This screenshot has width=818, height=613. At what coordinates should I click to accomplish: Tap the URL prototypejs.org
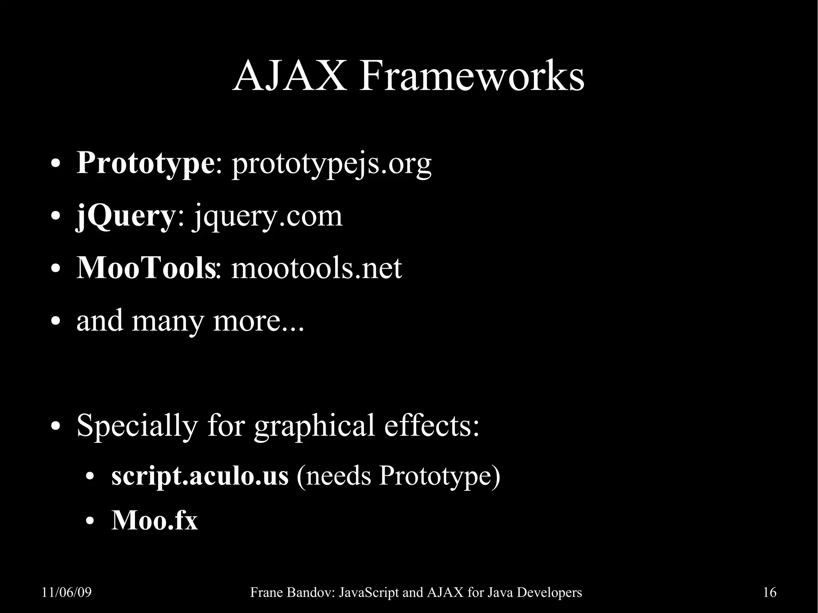[x=332, y=165]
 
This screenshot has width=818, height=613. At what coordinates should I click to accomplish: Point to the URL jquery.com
[x=268, y=217]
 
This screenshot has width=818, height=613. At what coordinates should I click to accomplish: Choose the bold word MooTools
[x=145, y=268]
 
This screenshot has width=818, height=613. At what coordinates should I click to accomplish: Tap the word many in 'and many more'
[x=167, y=321]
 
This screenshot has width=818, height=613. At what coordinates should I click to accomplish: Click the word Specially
[x=137, y=426]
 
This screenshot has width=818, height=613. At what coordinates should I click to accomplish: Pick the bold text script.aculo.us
[x=200, y=476]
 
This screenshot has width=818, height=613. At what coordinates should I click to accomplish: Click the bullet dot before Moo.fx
[x=90, y=522]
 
